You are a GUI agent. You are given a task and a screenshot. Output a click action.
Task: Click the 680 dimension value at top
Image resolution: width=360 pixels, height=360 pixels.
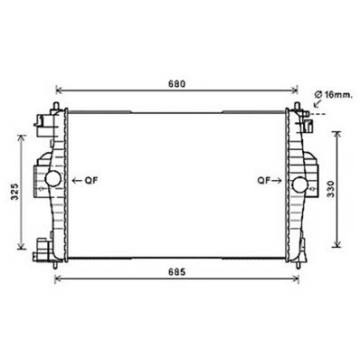pos(176,84)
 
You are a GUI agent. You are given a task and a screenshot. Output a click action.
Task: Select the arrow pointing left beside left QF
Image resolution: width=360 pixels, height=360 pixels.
pos(78,180)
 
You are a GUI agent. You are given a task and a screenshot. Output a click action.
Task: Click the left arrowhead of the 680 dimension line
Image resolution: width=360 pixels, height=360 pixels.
pos(60,90)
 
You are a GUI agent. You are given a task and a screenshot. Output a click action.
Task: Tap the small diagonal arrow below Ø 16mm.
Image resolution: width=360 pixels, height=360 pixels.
pos(317,105)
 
